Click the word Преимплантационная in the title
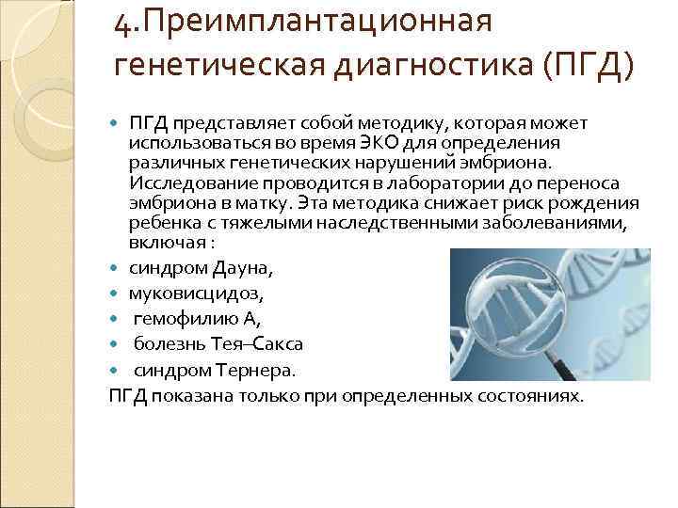click(317, 23)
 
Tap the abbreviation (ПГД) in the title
click(588, 65)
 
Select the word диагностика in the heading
click(433, 66)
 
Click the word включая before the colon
click(168, 243)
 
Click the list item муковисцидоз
click(196, 294)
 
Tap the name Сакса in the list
click(277, 344)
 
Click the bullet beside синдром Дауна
click(113, 268)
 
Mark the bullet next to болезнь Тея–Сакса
click(113, 344)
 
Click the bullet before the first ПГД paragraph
click(113, 123)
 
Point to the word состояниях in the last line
click(530, 397)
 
